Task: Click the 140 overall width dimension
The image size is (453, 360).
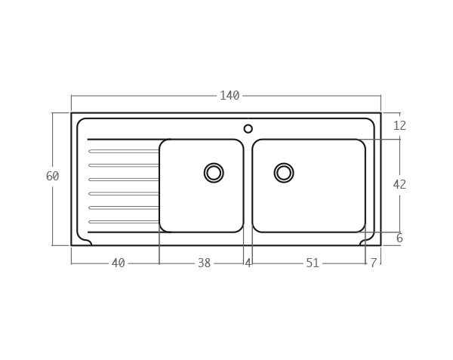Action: tap(230, 96)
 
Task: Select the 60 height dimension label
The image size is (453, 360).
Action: tap(52, 177)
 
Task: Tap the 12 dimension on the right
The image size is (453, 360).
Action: tap(399, 126)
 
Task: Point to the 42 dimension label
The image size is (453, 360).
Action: tap(399, 185)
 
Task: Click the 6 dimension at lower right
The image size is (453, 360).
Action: tap(399, 238)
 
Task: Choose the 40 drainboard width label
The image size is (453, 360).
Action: tap(118, 263)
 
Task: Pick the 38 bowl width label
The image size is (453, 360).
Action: tap(204, 263)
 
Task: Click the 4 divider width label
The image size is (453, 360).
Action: tap(248, 263)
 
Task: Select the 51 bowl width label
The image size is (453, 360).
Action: tap(313, 263)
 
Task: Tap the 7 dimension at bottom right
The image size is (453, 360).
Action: tap(373, 263)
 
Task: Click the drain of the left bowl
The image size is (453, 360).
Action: tap(214, 173)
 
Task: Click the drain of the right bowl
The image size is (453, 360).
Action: tap(284, 173)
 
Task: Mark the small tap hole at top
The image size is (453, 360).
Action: tap(248, 129)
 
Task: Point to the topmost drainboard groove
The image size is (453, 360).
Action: tap(124, 152)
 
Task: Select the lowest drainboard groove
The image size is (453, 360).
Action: tap(124, 222)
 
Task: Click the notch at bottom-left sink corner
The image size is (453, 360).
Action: tap(86, 242)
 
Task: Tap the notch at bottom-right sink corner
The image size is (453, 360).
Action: tap(365, 242)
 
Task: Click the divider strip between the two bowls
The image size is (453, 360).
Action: tap(248, 186)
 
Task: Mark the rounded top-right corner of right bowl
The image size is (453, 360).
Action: tap(360, 144)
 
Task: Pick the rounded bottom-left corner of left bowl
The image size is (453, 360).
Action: tap(164, 227)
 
